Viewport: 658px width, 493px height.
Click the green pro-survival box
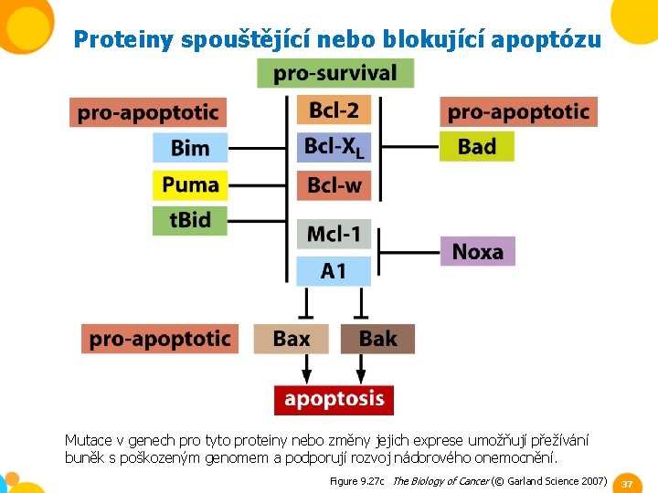click(334, 73)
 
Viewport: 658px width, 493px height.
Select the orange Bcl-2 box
click(334, 111)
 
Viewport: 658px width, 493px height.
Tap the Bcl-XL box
click(334, 147)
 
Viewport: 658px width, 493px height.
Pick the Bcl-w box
click(334, 185)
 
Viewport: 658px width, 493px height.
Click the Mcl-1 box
click(334, 234)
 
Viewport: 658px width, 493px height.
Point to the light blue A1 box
click(334, 270)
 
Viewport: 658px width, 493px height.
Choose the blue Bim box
click(189, 148)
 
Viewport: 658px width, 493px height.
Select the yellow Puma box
click(189, 185)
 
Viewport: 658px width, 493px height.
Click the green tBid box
click(189, 221)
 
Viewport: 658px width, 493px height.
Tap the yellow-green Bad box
click(476, 146)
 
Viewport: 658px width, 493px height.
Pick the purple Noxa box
click(477, 251)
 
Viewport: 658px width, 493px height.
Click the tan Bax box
click(291, 339)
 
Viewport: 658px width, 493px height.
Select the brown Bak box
click(377, 339)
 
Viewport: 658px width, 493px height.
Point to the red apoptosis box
click(334, 399)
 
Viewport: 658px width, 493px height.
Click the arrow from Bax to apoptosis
click(306, 369)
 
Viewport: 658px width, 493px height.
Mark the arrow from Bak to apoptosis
click(361, 369)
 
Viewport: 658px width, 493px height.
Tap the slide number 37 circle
click(626, 483)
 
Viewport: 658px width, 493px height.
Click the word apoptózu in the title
click(546, 40)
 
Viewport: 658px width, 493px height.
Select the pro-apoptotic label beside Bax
click(159, 339)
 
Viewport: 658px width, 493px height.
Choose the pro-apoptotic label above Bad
click(518, 112)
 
